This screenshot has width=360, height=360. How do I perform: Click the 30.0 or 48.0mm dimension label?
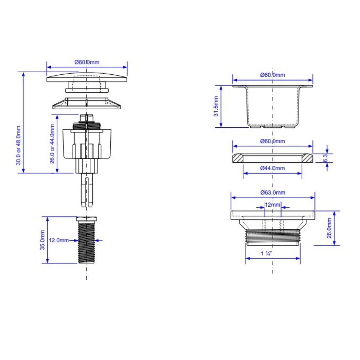pyautogui.click(x=18, y=145)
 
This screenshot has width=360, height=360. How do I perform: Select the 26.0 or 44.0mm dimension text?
pyautogui.click(x=52, y=144)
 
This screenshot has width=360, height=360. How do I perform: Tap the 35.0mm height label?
pyautogui.click(x=43, y=240)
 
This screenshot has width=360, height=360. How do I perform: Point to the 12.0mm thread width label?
pyautogui.click(x=59, y=241)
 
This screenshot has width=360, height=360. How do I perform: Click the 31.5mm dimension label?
pyautogui.click(x=216, y=106)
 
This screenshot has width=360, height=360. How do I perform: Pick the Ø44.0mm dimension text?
pyautogui.click(x=273, y=168)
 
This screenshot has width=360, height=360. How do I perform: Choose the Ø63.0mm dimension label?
pyautogui.click(x=273, y=193)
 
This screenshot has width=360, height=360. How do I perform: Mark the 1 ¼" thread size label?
pyautogui.click(x=266, y=253)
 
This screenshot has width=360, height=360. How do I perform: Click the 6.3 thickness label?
pyautogui.click(x=325, y=158)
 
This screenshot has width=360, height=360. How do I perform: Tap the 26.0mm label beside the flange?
pyautogui.click(x=329, y=228)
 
